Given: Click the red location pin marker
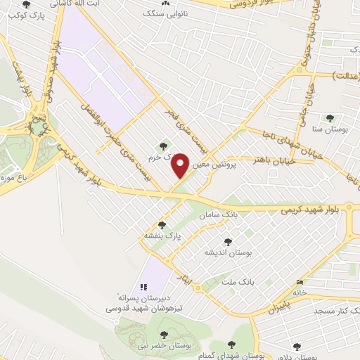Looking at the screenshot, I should click(x=180, y=165).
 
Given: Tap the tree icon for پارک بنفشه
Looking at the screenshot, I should click(x=162, y=225).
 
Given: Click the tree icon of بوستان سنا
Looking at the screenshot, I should click(x=329, y=117).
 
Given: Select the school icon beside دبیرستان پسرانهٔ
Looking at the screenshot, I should click(x=143, y=287).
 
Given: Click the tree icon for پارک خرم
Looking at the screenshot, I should click(x=164, y=146).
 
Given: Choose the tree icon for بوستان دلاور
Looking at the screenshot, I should click(x=297, y=346).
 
